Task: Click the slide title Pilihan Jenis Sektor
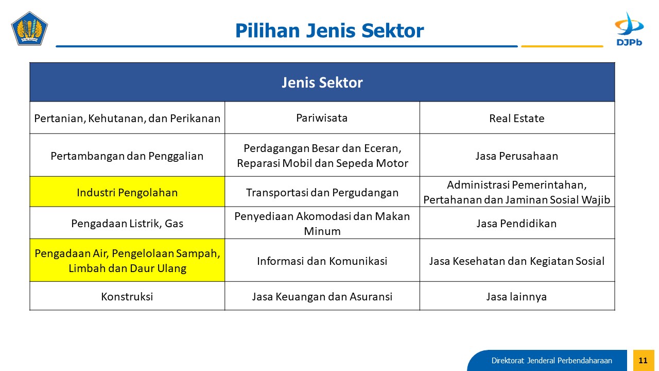click(329, 30)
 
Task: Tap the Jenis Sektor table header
click(322, 82)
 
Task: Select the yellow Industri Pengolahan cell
click(127, 192)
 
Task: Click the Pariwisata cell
click(322, 118)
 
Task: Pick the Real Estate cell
click(517, 118)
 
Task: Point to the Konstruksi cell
click(127, 296)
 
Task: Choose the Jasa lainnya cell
click(517, 296)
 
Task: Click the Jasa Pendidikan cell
click(517, 223)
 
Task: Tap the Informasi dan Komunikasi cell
click(322, 260)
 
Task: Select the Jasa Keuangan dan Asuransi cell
click(322, 296)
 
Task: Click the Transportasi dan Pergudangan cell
click(322, 192)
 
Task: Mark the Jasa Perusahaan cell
click(517, 155)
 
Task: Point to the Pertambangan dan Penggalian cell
click(127, 155)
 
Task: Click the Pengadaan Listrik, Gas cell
click(127, 223)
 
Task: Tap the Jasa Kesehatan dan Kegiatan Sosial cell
click(517, 260)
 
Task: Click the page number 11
click(644, 360)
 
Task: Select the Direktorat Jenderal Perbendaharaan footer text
click(551, 361)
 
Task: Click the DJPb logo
click(629, 29)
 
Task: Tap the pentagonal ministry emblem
click(29, 28)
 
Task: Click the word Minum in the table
click(322, 231)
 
